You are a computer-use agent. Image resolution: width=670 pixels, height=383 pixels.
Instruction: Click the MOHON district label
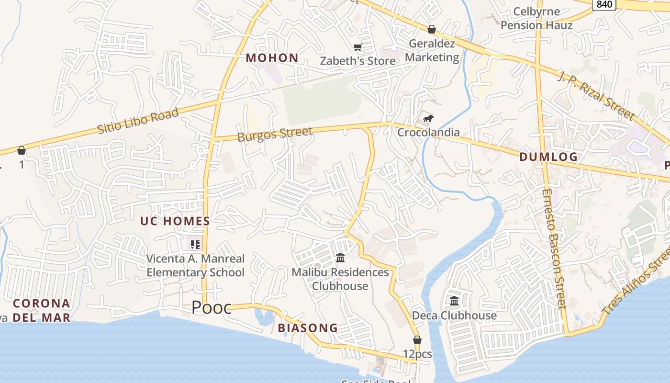click(x=272, y=58)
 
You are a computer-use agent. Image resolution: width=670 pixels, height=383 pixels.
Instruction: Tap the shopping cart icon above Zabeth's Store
click(x=357, y=47)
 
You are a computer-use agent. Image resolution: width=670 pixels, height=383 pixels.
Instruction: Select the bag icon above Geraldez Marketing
click(x=431, y=29)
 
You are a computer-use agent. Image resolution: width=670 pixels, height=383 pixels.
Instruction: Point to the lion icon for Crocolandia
click(x=428, y=118)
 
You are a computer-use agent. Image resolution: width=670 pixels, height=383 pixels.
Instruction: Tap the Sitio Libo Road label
click(x=138, y=121)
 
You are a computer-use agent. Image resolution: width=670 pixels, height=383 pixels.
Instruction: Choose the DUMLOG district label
click(x=548, y=157)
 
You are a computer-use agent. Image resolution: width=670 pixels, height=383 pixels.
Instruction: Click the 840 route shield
click(x=604, y=4)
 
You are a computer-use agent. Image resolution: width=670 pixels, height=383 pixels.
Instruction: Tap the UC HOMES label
click(x=175, y=221)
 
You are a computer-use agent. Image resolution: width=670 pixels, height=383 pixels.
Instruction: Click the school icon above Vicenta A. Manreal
click(x=195, y=245)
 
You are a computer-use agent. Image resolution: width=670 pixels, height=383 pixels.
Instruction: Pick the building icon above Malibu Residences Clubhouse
click(x=340, y=258)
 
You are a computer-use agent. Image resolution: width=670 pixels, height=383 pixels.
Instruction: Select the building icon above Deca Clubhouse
click(x=454, y=301)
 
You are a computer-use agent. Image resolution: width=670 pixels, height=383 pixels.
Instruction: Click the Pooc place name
click(x=212, y=308)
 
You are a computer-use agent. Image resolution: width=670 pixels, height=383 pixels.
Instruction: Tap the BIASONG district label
click(x=308, y=328)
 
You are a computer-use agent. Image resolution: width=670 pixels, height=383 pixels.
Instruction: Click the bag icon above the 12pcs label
click(x=417, y=340)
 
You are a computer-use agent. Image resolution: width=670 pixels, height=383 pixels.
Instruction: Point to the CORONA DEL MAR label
click(x=42, y=310)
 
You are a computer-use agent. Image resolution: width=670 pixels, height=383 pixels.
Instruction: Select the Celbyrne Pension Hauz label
click(x=536, y=18)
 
